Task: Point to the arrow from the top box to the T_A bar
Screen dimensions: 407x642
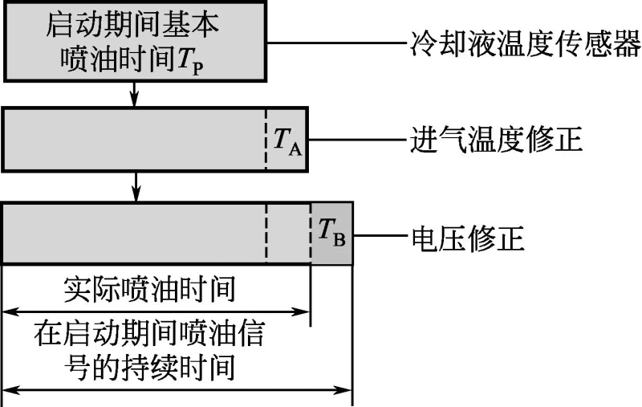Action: [x=136, y=96]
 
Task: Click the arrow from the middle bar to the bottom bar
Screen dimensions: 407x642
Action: [x=136, y=186]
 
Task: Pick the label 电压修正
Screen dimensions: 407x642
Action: [x=467, y=238]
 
